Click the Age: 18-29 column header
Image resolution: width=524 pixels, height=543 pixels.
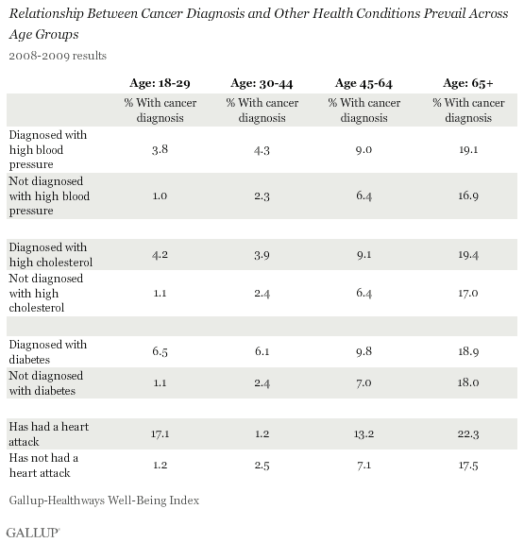(160, 83)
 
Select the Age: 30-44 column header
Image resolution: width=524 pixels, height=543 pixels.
(262, 83)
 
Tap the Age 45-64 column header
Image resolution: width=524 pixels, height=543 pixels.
(363, 83)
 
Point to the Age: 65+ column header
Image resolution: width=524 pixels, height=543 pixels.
(468, 83)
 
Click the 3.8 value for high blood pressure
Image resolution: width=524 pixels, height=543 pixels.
(160, 149)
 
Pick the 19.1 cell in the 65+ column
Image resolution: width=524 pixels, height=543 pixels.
(468, 149)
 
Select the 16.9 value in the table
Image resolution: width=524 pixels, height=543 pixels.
(468, 196)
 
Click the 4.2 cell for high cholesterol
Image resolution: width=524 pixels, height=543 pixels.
(160, 255)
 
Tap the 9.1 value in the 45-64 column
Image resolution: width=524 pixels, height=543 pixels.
(363, 255)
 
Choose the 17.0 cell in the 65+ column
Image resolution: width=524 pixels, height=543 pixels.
(468, 294)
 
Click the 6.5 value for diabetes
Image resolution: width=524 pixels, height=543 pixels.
(160, 351)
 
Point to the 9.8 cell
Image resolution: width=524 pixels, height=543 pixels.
(363, 351)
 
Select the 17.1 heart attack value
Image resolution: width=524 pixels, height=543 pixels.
(160, 433)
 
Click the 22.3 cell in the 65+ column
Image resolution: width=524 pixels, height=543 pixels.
(468, 433)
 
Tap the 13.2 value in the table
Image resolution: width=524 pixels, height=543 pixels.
(363, 433)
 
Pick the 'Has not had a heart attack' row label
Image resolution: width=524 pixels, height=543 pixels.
(43, 466)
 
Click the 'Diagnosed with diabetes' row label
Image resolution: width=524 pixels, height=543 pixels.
(48, 352)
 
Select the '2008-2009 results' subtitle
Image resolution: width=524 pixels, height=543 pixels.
(58, 56)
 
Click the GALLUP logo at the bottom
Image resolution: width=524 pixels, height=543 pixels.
(33, 533)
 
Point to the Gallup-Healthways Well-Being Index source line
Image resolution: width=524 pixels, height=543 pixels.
(104, 501)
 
